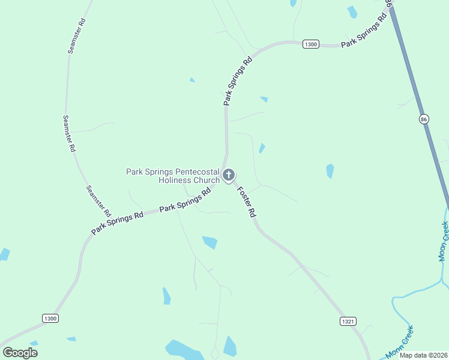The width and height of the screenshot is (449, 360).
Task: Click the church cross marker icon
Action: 228,175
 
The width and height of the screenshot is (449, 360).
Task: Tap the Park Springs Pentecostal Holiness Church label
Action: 173,176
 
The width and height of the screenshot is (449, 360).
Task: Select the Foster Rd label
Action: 247,202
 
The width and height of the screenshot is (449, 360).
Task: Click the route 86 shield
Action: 424,119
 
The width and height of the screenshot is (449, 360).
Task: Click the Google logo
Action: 20,353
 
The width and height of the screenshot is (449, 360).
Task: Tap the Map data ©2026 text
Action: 424,355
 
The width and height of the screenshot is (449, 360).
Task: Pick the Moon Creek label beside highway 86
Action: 444,241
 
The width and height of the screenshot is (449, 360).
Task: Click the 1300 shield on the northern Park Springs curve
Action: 311,44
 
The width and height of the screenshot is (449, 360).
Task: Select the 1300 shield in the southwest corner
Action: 50,318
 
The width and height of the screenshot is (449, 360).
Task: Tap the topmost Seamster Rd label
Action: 77,36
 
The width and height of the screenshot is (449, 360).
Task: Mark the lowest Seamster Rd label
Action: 98,200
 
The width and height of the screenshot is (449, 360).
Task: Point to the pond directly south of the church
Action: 209,242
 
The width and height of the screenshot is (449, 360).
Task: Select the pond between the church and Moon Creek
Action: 330,171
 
